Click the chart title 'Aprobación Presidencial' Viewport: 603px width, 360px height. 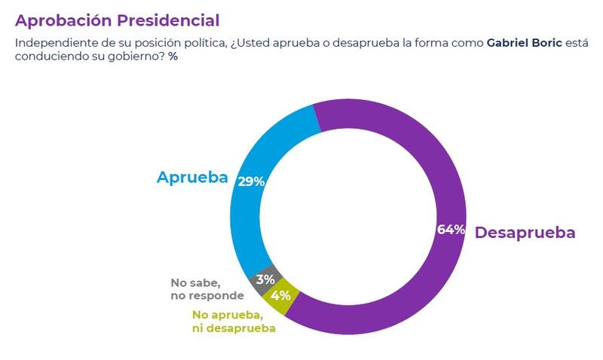pyautogui.click(x=117, y=20)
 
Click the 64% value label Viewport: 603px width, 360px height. pyautogui.click(x=451, y=230)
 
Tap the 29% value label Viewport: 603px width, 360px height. pyautogui.click(x=249, y=182)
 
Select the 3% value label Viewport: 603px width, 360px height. pyautogui.click(x=265, y=279)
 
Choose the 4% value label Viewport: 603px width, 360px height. pyautogui.click(x=280, y=294)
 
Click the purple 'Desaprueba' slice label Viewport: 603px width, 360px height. pyautogui.click(x=525, y=233)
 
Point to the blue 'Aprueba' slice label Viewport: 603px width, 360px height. pyautogui.click(x=192, y=178)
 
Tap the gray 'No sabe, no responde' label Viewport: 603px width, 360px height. pyautogui.click(x=207, y=289)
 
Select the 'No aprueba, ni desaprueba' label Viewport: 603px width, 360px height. pyautogui.click(x=233, y=322)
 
